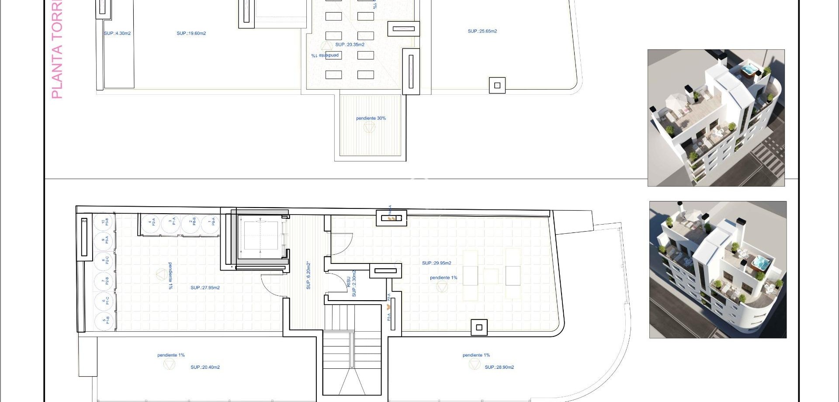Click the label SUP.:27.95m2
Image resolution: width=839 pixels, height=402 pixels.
tap(205, 288)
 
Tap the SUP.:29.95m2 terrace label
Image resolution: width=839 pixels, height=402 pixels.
tap(437, 263)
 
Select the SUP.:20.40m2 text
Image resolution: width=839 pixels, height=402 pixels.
tap(205, 367)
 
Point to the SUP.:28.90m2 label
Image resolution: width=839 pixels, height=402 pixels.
tap(499, 367)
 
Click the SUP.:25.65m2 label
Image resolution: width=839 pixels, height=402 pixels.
tap(482, 31)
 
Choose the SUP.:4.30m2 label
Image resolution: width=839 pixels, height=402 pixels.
tap(117, 34)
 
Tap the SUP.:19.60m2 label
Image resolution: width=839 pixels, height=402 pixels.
tap(191, 34)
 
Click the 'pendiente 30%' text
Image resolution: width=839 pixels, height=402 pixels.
tap(371, 118)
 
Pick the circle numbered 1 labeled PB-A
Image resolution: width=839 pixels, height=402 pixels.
tap(211, 223)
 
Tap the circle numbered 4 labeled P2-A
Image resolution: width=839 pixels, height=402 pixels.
tap(151, 223)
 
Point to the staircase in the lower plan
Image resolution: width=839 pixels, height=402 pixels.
tap(352, 350)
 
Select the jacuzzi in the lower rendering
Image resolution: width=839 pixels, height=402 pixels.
tap(760, 262)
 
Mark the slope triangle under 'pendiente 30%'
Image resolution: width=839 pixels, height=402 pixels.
tap(370, 128)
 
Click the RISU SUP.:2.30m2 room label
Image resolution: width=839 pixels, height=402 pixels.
tap(351, 284)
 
